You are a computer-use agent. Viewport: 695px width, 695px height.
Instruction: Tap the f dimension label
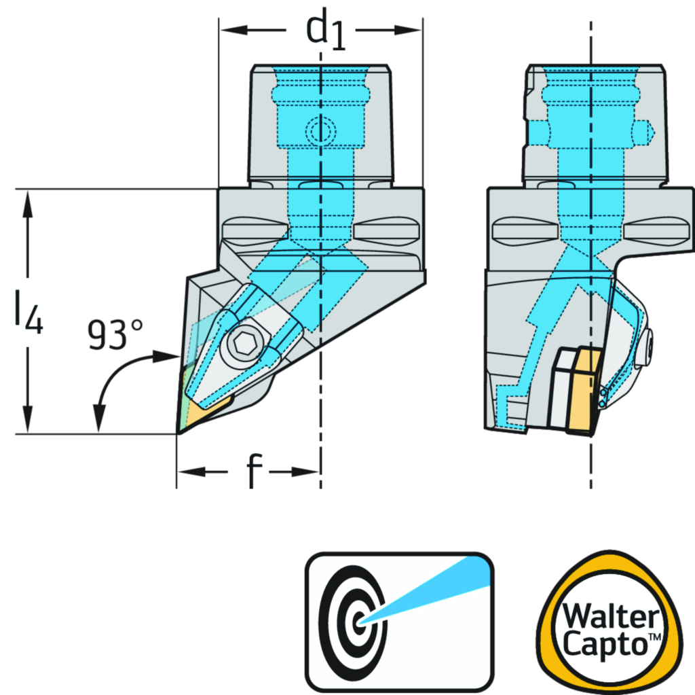[248, 469]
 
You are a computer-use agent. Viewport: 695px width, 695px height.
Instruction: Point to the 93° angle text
[115, 334]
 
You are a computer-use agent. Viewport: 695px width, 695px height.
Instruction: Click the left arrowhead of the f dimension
[185, 471]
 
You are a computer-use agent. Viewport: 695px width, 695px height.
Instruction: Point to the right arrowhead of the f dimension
[311, 471]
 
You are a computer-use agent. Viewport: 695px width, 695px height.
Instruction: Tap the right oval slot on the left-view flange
[384, 230]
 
